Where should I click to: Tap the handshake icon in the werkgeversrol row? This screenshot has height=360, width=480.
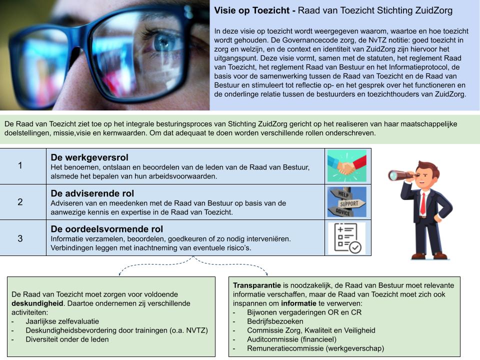click(x=346, y=165)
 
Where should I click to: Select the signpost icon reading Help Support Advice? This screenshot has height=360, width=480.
click(x=346, y=202)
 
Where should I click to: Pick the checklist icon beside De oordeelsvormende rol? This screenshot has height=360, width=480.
click(x=346, y=238)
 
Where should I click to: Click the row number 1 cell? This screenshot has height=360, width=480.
click(x=20, y=165)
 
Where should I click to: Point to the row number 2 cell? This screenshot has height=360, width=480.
click(x=20, y=202)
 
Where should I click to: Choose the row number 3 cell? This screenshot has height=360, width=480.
click(x=20, y=238)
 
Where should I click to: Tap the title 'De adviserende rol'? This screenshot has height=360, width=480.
click(x=92, y=193)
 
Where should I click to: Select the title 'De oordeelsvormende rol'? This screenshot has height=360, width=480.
click(x=107, y=229)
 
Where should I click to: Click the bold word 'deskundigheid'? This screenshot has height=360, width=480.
click(x=37, y=303)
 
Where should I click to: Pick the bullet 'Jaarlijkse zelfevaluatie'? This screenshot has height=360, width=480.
click(x=62, y=321)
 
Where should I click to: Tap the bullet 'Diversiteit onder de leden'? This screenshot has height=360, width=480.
click(x=67, y=339)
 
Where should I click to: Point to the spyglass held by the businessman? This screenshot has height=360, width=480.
click(x=399, y=175)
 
